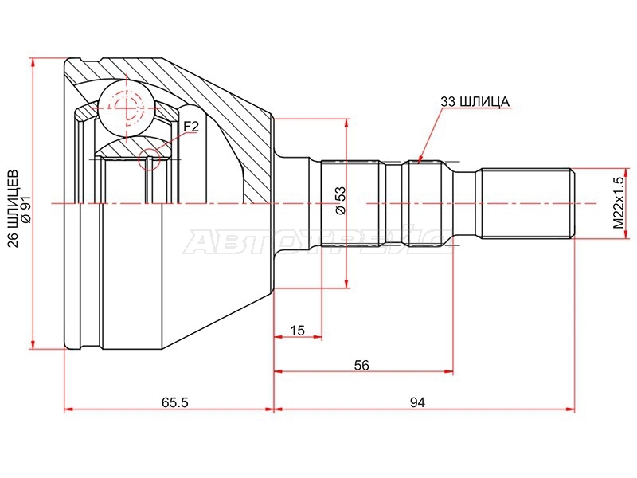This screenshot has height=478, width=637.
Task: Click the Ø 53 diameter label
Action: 340,200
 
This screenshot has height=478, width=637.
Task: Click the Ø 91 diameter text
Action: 26,207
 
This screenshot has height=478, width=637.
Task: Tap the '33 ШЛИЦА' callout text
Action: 475,102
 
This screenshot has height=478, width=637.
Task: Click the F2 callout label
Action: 190,127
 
